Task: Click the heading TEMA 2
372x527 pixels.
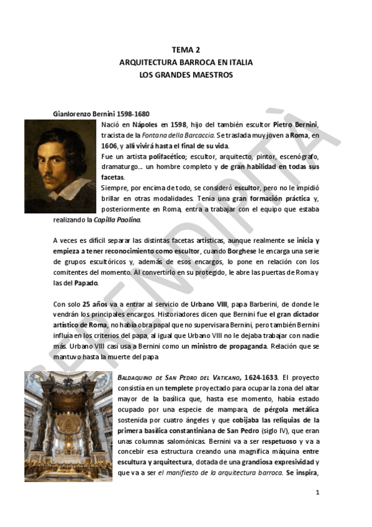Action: (186, 50)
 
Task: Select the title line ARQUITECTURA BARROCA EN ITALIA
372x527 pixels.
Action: (186, 63)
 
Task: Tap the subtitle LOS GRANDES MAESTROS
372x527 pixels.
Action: (186, 75)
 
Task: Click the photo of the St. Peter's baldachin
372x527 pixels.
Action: (68, 426)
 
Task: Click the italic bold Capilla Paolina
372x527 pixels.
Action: (117, 219)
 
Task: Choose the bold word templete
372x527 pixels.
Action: (161, 388)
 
